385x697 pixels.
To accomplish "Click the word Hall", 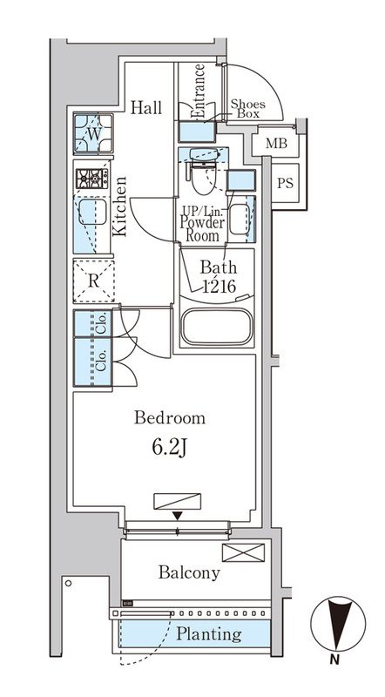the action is coord(145,107).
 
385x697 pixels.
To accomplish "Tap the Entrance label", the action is coord(199,91).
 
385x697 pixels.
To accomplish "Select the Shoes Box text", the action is coord(247,109).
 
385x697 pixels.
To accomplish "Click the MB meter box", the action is coord(276,144).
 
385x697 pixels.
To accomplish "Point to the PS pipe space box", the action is coord(285,183).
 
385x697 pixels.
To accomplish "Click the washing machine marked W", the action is coord(93,133).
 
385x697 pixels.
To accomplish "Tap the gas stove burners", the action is coord(92,179).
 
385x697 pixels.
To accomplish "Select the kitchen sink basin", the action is coord(92,212).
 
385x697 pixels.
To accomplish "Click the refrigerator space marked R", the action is coord(93,281).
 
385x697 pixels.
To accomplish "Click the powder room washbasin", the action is coord(240,220).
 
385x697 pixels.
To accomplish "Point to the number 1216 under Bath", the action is coord(219,287).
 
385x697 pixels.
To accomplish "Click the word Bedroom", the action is coord(170,418).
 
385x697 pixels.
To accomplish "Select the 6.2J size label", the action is coord(169,448).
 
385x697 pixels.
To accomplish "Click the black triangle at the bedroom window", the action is coord(178,516).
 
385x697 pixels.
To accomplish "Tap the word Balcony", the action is coord(189,572).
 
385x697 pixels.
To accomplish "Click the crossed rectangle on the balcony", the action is coord(243,552).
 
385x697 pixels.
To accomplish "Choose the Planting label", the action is coord(209,634).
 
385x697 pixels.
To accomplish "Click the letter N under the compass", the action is coord(335,660).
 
